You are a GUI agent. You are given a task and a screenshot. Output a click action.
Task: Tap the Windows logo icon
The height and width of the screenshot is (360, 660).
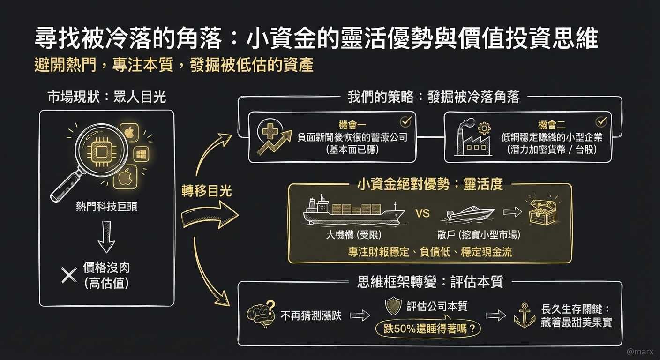coord(142,154)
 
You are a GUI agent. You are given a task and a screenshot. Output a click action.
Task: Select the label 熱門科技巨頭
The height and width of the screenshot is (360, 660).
coord(107,207)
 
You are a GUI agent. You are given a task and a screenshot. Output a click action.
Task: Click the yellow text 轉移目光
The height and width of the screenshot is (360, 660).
coord(206,191)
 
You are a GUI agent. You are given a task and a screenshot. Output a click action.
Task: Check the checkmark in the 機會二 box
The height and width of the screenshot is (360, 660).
coord(600,122)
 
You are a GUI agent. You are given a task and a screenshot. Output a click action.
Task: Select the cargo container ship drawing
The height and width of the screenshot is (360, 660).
coord(353,210)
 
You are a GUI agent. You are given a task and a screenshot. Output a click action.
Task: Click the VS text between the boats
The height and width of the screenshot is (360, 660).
coord(422,214)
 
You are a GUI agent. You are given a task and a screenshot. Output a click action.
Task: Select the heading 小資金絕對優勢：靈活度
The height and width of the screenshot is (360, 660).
coord(430,184)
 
